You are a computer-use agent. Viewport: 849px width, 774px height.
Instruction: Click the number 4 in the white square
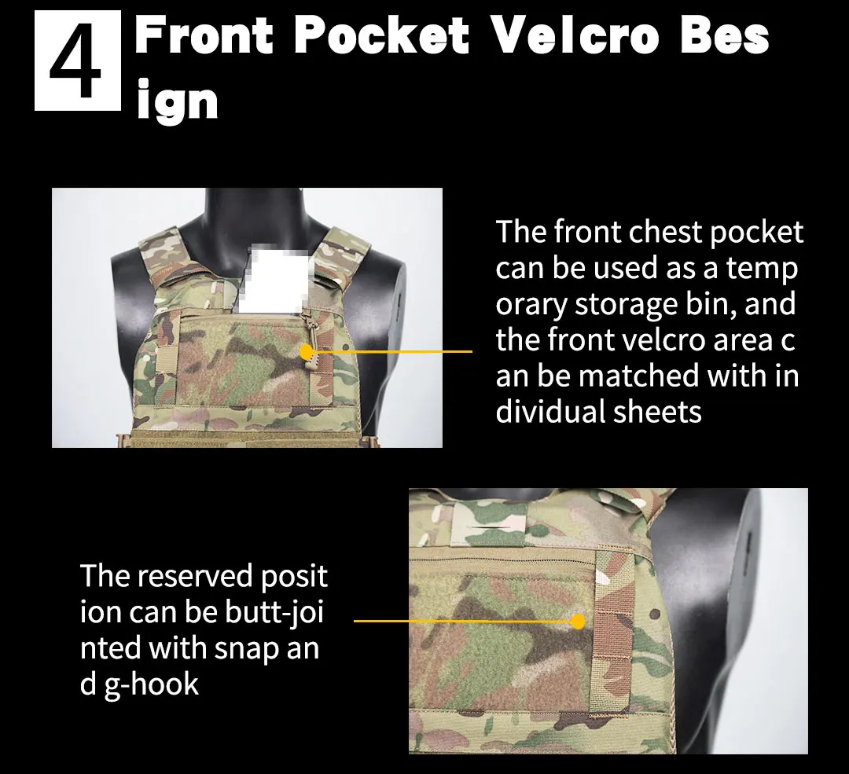(x=76, y=61)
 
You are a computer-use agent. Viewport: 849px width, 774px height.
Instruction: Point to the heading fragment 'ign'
(x=177, y=99)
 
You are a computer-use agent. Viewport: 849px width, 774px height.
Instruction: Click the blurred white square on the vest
(x=274, y=279)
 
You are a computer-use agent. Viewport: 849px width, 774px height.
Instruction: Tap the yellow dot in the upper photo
(x=307, y=352)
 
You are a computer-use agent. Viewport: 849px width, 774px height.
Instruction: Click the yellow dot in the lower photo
(x=578, y=621)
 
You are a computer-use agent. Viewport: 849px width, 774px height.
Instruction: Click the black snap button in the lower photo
(x=655, y=614)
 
